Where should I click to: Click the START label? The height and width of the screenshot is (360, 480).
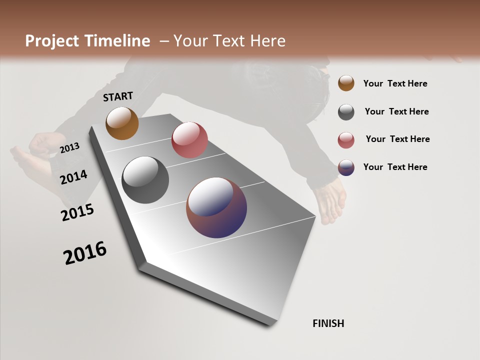pyautogui.click(x=118, y=96)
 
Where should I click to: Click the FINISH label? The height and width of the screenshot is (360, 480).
pyautogui.click(x=328, y=323)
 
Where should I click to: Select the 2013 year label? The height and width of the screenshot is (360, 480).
pyautogui.click(x=69, y=147)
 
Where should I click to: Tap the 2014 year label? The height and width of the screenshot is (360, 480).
pyautogui.click(x=73, y=177)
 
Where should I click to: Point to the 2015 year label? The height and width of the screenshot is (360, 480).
pyautogui.click(x=77, y=212)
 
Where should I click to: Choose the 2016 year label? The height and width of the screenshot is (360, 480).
pyautogui.click(x=85, y=252)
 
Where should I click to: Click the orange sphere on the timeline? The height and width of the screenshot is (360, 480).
pyautogui.click(x=122, y=123)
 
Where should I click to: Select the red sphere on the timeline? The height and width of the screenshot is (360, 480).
pyautogui.click(x=189, y=140)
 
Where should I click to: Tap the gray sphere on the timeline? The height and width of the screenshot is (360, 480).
pyautogui.click(x=145, y=180)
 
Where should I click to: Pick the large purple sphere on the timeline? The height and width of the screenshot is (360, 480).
pyautogui.click(x=216, y=207)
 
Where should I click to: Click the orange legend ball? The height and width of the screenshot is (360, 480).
pyautogui.click(x=346, y=83)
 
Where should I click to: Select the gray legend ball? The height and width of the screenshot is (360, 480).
pyautogui.click(x=346, y=112)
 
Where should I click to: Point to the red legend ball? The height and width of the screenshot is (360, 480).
pyautogui.click(x=346, y=140)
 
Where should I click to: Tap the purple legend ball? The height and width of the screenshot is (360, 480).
pyautogui.click(x=346, y=167)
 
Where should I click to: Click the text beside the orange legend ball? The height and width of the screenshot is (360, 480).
pyautogui.click(x=395, y=83)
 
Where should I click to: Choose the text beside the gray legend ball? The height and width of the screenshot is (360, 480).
pyautogui.click(x=396, y=111)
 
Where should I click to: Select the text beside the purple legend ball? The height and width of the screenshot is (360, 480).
pyautogui.click(x=395, y=167)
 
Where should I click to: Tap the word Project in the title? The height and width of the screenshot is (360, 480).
pyautogui.click(x=51, y=41)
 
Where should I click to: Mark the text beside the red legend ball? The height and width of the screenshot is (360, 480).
pyautogui.click(x=397, y=139)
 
